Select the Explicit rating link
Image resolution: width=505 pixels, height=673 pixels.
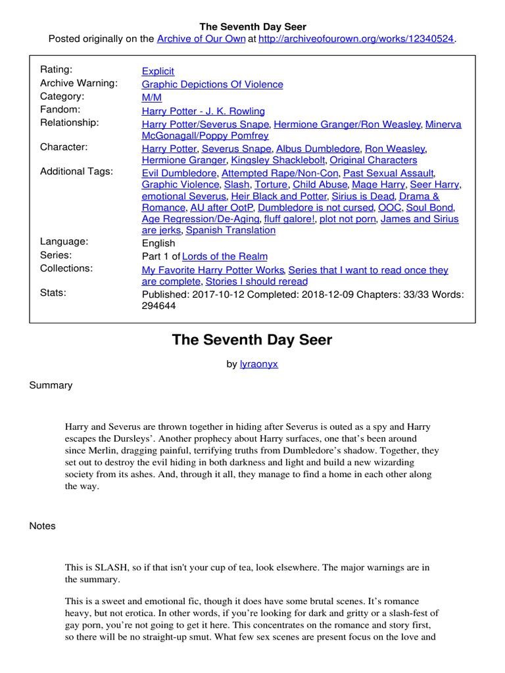[158, 71]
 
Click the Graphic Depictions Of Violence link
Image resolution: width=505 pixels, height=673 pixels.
[212, 84]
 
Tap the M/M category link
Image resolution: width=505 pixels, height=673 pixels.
[152, 97]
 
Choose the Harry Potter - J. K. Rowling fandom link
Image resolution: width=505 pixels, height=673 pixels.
[203, 111]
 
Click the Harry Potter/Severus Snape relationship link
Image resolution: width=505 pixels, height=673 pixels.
[205, 124]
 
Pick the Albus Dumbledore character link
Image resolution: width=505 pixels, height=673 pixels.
[318, 149]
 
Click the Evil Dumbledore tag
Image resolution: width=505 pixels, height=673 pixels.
[179, 173]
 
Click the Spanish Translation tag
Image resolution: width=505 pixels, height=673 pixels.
[231, 230]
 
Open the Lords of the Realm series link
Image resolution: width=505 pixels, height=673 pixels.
[224, 256]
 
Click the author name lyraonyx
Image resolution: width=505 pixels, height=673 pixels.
[259, 364]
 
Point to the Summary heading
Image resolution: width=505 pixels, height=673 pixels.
[51, 385]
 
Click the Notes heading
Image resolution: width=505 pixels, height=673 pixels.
[43, 526]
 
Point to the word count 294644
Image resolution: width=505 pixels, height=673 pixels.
[158, 306]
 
